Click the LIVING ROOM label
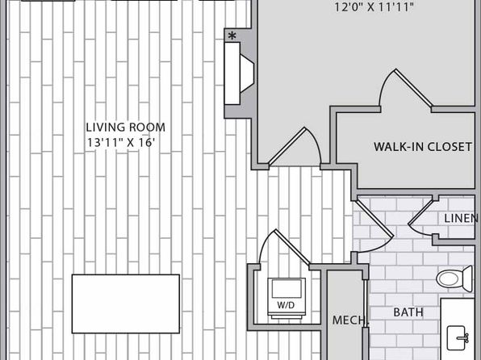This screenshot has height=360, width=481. point(125,127)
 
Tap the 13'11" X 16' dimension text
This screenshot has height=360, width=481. point(120,143)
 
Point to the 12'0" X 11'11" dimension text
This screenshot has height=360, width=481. point(374,7)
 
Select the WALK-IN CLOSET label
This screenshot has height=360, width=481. point(423,147)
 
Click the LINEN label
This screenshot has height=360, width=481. point(461,218)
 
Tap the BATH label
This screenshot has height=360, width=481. point(408,312)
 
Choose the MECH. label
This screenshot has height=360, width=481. point(349,320)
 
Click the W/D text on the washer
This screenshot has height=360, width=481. point(286,305)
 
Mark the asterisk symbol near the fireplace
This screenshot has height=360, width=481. point(232,36)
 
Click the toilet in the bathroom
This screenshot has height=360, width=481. point(454,278)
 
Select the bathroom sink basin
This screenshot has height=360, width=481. point(458,338)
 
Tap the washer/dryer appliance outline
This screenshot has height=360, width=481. point(287,297)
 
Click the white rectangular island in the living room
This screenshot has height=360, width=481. point(126,303)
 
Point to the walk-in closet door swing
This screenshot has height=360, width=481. point(406,88)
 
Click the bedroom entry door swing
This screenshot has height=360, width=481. point(295,147)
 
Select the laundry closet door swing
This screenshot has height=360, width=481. point(284,246)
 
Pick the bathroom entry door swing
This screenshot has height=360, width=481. point(374,227)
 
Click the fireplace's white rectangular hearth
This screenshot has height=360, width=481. point(232,73)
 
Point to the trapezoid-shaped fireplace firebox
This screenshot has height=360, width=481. point(247,73)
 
